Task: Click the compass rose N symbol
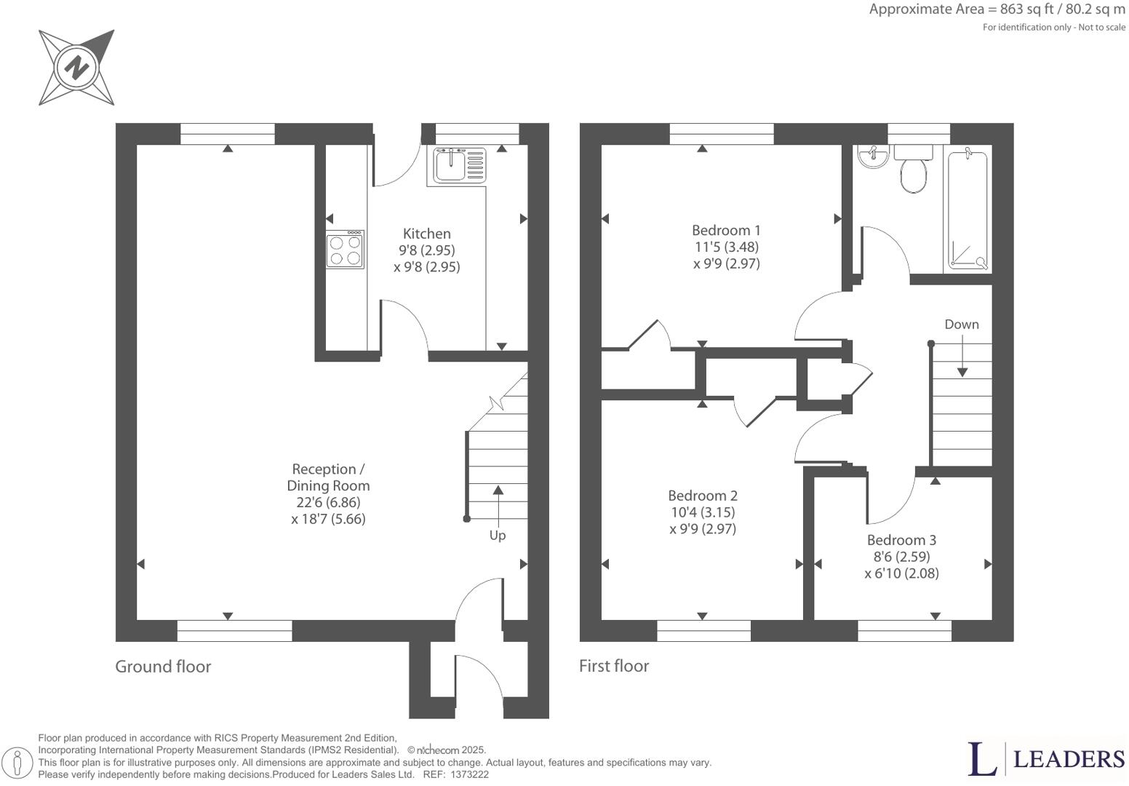click(x=76, y=67)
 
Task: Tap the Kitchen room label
click(x=426, y=234)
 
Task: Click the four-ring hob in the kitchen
click(x=345, y=250)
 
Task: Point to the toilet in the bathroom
click(x=913, y=170)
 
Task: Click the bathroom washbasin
click(x=873, y=156)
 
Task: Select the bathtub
click(x=968, y=208)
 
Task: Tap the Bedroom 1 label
click(x=726, y=231)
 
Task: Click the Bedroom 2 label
click(x=703, y=496)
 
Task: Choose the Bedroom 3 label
click(x=901, y=540)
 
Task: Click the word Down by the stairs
click(x=962, y=324)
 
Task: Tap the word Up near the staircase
click(x=498, y=536)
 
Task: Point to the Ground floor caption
click(x=163, y=667)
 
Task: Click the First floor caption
click(x=614, y=666)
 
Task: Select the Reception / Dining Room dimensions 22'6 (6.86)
click(x=328, y=502)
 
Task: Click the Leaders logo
click(x=1046, y=758)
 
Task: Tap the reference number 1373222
click(x=469, y=774)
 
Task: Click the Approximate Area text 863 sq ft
click(x=1026, y=9)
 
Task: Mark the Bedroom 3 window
click(x=904, y=631)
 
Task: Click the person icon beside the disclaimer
click(x=17, y=761)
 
